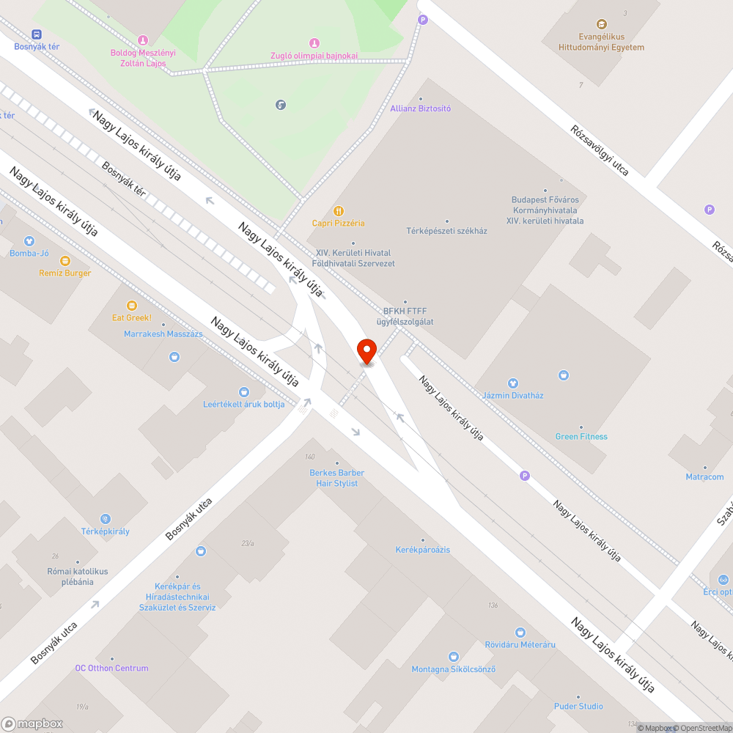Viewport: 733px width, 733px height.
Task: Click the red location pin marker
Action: click(366, 350)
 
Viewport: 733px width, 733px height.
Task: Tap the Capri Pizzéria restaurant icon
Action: click(338, 211)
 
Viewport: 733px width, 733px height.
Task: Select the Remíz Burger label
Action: click(65, 273)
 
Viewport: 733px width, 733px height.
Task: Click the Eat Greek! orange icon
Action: click(132, 305)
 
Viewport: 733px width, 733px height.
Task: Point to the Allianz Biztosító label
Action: click(420, 108)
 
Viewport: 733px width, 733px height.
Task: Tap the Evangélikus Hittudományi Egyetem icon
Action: click(602, 24)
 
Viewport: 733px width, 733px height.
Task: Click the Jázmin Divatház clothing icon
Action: click(513, 383)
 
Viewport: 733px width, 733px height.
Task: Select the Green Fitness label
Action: click(581, 436)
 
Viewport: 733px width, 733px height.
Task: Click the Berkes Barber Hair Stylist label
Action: click(336, 478)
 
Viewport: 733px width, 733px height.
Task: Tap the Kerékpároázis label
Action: click(422, 549)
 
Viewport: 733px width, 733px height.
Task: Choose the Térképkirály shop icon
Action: click(106, 519)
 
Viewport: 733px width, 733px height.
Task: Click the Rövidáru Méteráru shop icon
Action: click(520, 632)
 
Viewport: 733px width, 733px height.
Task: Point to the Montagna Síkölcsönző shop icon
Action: click(453, 657)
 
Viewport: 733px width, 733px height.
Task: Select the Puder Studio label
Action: click(578, 706)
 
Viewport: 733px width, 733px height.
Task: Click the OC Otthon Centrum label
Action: click(111, 668)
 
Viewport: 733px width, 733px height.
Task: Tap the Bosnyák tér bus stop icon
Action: click(37, 34)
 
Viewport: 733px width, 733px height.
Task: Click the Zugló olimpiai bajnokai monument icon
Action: click(314, 43)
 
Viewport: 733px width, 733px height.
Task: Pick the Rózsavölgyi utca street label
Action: click(600, 150)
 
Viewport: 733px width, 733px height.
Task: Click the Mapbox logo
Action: click(32, 723)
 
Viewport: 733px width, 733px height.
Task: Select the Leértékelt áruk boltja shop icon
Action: click(244, 392)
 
